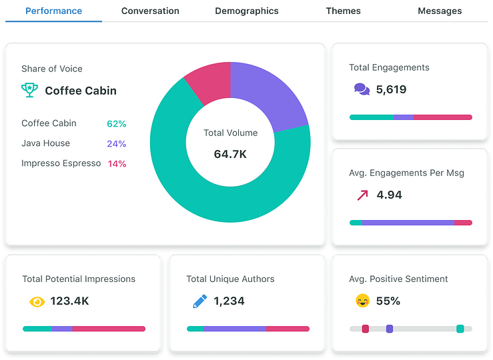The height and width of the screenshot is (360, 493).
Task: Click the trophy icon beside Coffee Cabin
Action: (29, 90)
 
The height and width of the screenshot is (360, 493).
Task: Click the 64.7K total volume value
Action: (230, 154)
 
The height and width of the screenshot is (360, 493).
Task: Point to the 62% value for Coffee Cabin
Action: (116, 124)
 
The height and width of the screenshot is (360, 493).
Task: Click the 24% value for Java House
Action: (116, 144)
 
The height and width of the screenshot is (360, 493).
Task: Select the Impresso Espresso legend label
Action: (61, 163)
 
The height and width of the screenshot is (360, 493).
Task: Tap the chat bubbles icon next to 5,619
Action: (361, 89)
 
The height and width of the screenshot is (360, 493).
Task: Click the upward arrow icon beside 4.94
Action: (362, 195)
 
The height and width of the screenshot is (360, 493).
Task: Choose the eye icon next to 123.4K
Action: (37, 301)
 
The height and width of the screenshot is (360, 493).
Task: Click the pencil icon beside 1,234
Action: (199, 301)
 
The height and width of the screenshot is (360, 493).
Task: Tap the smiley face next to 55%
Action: (362, 301)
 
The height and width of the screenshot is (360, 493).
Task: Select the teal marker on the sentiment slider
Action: (460, 329)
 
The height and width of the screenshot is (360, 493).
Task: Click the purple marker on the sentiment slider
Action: (390, 329)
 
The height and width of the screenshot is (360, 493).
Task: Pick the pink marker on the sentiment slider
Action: (365, 329)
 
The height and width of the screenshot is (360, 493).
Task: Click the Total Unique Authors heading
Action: (230, 279)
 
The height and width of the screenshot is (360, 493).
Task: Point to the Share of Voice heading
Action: (52, 69)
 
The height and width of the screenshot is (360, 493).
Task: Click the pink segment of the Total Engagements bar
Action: (443, 117)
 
